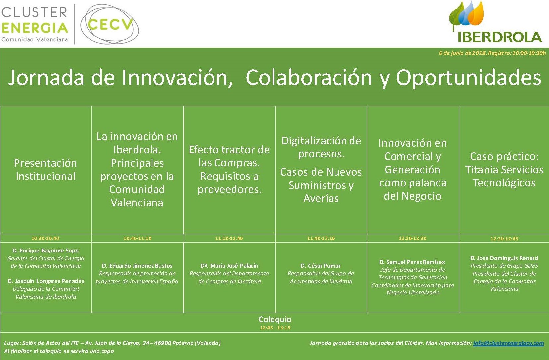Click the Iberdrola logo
click(495, 22)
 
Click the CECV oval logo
click(109, 24)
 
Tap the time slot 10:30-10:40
click(45, 238)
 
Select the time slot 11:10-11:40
click(229, 238)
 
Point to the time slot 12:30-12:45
click(504, 238)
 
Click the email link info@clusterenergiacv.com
click(509, 343)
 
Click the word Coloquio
click(275, 319)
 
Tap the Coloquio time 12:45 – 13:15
click(275, 328)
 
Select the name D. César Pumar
click(321, 266)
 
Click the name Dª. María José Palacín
click(229, 266)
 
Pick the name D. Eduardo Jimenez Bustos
click(137, 266)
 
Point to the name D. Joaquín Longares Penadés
click(46, 281)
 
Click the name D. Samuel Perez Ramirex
click(412, 262)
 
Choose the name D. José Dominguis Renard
click(504, 258)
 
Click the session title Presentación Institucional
click(45, 170)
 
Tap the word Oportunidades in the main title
click(469, 78)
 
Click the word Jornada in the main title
click(46, 78)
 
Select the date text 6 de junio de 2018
click(462, 53)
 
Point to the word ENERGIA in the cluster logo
click(34, 28)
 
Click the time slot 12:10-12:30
click(413, 238)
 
